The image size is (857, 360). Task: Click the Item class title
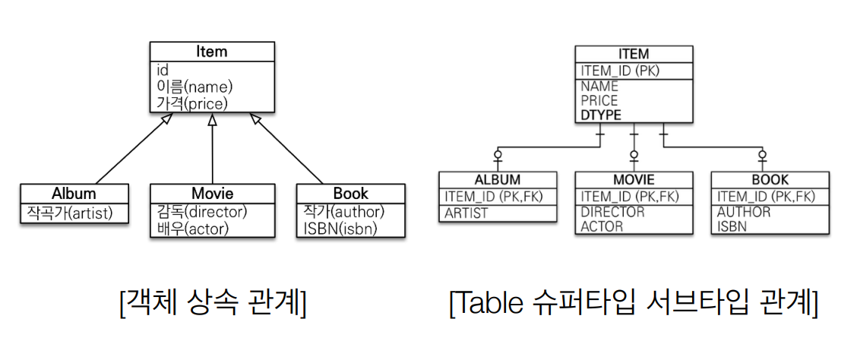tap(211, 52)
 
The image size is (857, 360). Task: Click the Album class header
tap(74, 193)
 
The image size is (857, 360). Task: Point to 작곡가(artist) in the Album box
tap(67, 212)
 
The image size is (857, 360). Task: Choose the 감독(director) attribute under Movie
tap(201, 211)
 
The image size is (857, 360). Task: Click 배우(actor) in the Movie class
tap(192, 227)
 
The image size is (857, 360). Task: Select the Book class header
tap(350, 193)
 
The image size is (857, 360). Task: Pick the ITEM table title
tap(634, 54)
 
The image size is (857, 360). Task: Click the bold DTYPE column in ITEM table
tap(601, 115)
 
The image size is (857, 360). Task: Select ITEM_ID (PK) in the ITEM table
tap(620, 71)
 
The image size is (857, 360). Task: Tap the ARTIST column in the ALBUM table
tap(466, 212)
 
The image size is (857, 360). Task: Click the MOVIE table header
tap(634, 180)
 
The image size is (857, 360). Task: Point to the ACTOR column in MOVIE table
tap(602, 226)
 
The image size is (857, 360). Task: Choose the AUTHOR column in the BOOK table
tap(744, 212)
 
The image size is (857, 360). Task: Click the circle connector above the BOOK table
tap(762, 155)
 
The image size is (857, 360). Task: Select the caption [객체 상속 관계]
tap(213, 304)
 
